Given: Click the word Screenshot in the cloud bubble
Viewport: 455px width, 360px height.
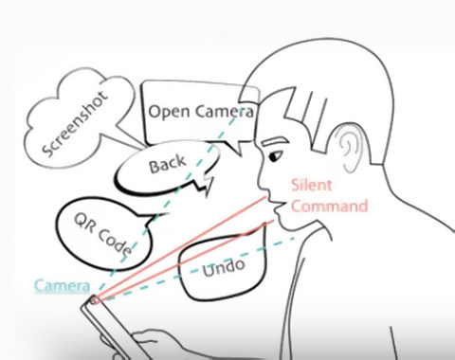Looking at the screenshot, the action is coord(76,124).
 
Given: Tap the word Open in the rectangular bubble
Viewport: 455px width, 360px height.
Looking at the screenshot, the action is coord(170,113).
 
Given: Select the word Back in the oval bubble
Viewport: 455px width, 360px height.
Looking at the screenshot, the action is coord(167,164).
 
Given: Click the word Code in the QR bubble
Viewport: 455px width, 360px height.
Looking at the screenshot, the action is coord(115,241).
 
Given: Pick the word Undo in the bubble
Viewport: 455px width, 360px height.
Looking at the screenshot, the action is coord(224,268).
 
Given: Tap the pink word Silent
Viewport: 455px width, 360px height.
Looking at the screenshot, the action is coord(312,185).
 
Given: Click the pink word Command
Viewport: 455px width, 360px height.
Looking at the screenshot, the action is coord(330,206).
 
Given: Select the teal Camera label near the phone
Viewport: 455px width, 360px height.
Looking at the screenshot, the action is coord(62,286).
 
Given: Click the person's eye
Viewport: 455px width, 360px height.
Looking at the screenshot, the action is coord(275,156).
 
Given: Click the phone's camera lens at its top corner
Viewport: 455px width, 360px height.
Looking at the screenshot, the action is coord(94,300).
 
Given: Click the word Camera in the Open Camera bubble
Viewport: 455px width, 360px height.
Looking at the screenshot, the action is coord(224,112).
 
